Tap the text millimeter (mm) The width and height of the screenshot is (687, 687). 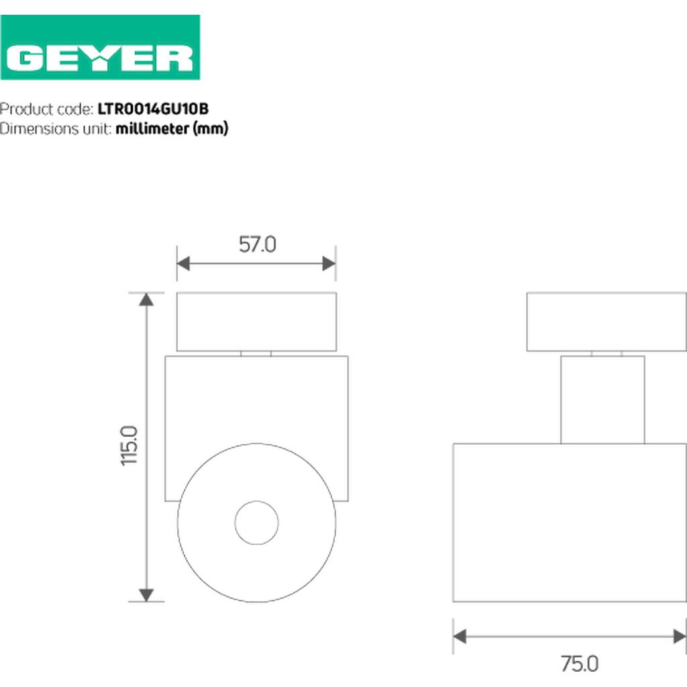tap(172, 128)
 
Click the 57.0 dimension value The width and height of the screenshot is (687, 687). tap(257, 245)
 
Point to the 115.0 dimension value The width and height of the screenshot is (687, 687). tap(129, 445)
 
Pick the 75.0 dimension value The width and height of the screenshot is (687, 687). tap(579, 664)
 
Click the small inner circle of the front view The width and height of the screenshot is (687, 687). tap(256, 522)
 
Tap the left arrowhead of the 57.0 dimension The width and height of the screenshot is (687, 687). tap(183, 264)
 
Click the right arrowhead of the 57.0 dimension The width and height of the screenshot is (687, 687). tap(329, 264)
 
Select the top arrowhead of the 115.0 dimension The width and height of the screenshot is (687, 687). tap(146, 299)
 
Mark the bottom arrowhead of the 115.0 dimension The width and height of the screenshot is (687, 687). tap(146, 595)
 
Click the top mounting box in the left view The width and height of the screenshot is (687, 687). tap(256, 321)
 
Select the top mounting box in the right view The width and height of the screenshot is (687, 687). tap(606, 321)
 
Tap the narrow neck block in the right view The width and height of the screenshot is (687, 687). tap(602, 399)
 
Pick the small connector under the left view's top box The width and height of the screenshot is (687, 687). tap(256, 353)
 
